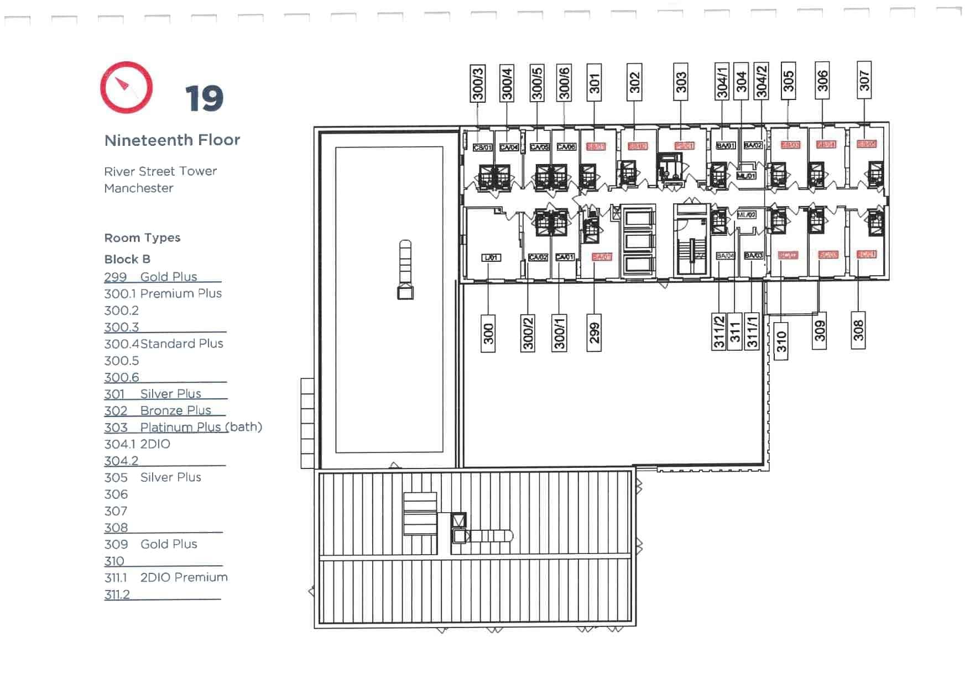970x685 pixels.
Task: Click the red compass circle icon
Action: tap(126, 87)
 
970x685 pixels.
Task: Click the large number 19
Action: tap(204, 99)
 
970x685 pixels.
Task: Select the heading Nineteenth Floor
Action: tap(172, 140)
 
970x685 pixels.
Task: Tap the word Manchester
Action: tap(139, 188)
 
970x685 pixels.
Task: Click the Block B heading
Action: tap(127, 259)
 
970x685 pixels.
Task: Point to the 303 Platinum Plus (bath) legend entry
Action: tap(182, 427)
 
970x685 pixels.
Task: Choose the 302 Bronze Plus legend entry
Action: tap(158, 410)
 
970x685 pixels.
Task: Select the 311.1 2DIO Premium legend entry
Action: tap(166, 577)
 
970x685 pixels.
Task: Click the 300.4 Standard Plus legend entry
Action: tap(164, 344)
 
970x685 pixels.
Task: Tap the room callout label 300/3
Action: tap(478, 83)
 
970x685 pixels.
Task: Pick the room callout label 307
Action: tap(864, 81)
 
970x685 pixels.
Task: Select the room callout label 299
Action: tap(594, 333)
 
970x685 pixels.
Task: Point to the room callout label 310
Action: tap(781, 341)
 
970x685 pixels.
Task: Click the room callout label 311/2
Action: tap(718, 331)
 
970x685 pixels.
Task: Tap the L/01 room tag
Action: tap(491, 257)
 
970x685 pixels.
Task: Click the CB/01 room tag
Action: tap(482, 147)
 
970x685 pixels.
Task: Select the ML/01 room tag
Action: tap(746, 176)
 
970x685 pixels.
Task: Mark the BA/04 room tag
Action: tap(725, 256)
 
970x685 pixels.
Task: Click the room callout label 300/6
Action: tap(564, 83)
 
